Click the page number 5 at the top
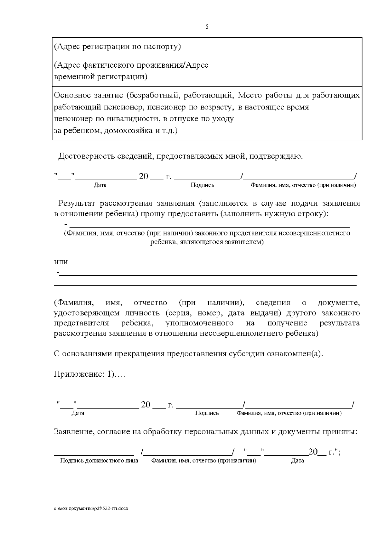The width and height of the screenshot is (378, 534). (207, 27)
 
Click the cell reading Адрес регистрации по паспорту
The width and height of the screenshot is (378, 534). (117, 47)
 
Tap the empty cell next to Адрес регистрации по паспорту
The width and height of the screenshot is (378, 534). (299, 47)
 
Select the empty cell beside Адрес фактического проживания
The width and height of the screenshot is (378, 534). (299, 71)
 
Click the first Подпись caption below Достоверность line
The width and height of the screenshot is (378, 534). (202, 185)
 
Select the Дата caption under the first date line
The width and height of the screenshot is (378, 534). (100, 185)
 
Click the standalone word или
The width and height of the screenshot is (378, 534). (61, 262)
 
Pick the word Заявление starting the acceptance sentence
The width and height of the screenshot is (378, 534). (73, 432)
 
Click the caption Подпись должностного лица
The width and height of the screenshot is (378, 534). (99, 461)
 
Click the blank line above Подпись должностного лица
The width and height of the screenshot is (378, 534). (94, 453)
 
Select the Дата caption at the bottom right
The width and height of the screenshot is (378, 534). (297, 461)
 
